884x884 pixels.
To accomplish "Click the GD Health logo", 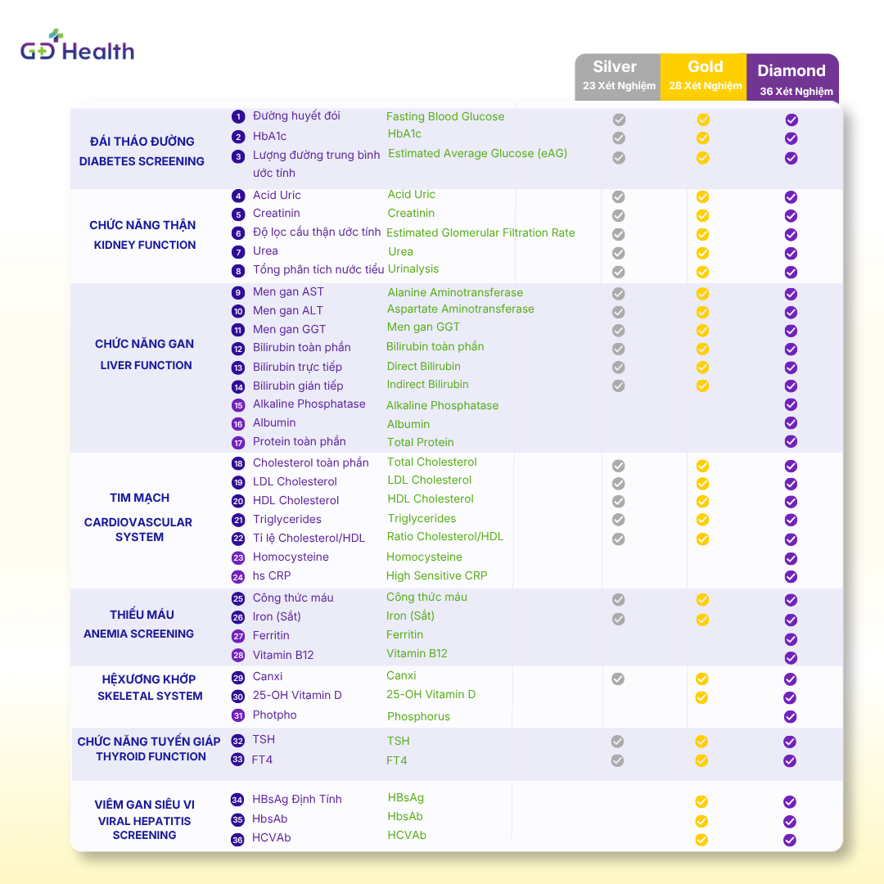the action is tap(77, 45).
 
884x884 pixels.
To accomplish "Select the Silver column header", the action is tap(618, 77).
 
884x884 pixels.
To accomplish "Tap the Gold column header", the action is tap(704, 77).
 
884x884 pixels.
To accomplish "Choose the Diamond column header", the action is tap(792, 78).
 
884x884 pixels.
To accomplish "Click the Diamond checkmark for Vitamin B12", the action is tap(791, 658).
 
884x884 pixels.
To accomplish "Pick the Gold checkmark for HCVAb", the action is tap(701, 840).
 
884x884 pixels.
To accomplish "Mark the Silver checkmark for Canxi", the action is tap(618, 679).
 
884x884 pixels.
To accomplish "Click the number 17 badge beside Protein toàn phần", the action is tap(238, 443).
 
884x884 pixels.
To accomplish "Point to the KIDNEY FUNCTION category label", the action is tap(145, 246).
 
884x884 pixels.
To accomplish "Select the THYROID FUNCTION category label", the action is tap(151, 756).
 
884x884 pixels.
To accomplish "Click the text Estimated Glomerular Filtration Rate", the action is tap(480, 232).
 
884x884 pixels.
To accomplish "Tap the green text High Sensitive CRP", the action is tap(436, 575).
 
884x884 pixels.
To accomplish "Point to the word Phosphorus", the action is tap(418, 716).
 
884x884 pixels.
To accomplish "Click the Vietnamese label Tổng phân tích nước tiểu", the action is tap(318, 269).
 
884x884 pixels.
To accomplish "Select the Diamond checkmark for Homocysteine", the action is tap(791, 558).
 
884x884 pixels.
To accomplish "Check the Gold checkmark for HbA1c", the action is tap(702, 138).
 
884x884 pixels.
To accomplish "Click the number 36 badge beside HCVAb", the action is tap(238, 840).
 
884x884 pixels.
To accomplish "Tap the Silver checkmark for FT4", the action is tap(618, 760).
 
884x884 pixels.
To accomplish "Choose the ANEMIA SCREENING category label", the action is tap(138, 634).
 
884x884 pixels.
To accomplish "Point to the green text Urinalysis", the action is tap(413, 269).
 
